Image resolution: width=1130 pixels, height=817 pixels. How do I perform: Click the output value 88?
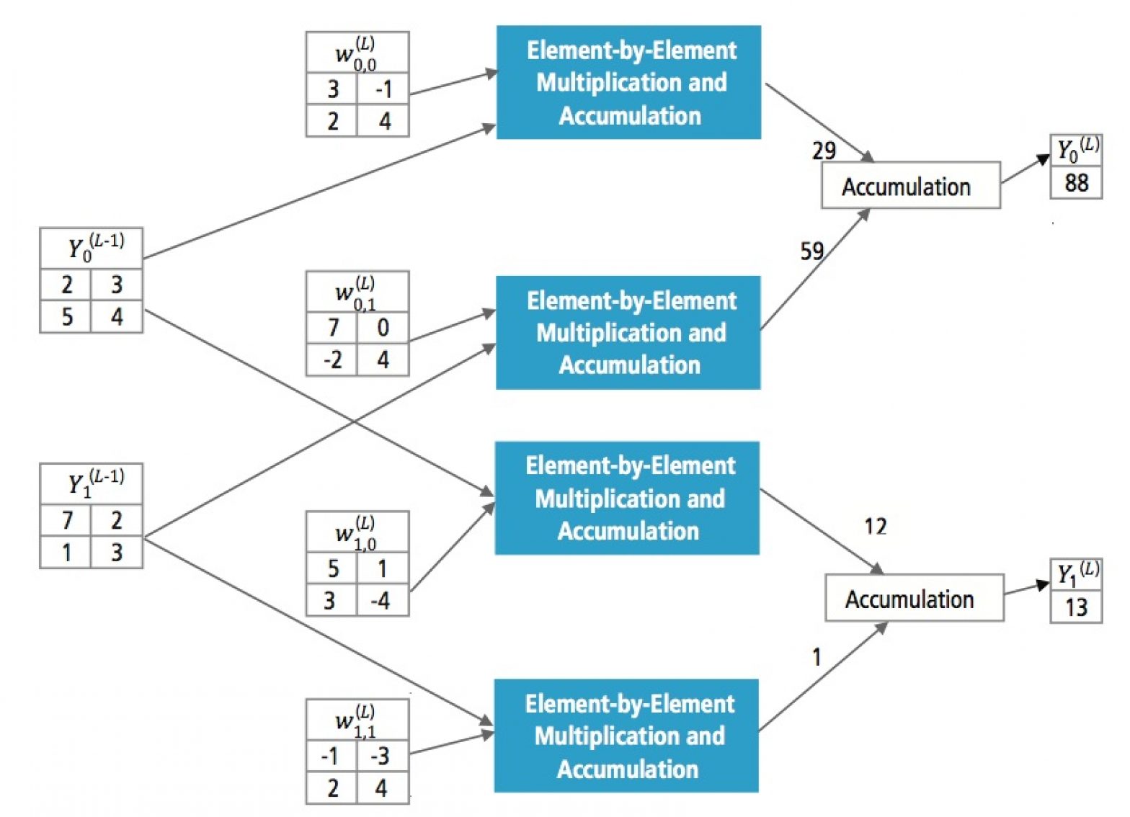(1076, 182)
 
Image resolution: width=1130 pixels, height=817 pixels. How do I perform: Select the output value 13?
(1076, 607)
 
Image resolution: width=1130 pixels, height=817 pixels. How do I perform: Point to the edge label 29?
(824, 151)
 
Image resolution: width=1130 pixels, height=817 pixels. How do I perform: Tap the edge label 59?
(812, 251)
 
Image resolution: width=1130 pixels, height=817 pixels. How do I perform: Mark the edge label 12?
(875, 527)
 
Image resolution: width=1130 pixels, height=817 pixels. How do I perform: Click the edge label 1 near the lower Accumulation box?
(817, 657)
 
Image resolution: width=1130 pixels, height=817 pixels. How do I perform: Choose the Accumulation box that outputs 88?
(910, 186)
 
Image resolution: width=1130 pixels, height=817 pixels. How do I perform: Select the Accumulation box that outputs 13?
(914, 599)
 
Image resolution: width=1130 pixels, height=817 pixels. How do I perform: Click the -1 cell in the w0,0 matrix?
(383, 89)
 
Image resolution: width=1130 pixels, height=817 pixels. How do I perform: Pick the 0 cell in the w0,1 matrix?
(383, 329)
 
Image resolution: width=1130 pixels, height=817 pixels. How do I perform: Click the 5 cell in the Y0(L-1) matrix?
(66, 317)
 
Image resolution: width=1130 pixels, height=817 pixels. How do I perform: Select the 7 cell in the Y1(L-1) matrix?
(66, 520)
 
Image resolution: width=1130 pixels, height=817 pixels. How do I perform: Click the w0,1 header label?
(357, 291)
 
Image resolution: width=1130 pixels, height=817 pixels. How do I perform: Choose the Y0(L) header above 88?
(1077, 150)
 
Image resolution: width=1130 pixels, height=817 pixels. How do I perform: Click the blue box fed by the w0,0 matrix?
(628, 83)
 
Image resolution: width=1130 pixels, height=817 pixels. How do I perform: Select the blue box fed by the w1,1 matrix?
(626, 736)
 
